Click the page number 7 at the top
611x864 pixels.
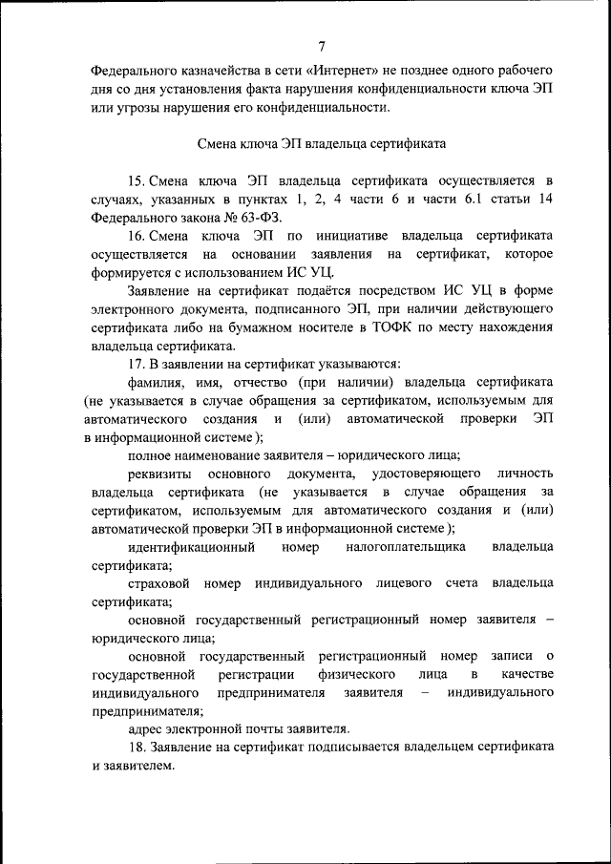click(x=322, y=46)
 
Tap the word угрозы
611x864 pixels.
click(x=135, y=107)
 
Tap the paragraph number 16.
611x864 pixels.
click(x=135, y=234)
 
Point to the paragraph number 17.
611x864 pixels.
click(x=135, y=363)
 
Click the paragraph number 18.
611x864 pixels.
click(x=135, y=747)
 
